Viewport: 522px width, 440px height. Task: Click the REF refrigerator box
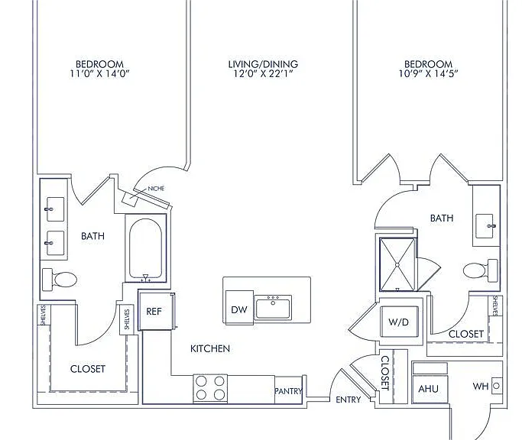coord(155,311)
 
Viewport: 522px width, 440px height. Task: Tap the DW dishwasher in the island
coord(239,307)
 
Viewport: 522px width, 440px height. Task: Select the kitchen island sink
coord(273,308)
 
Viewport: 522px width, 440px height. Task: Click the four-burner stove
coord(210,388)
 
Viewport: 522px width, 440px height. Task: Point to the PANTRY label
coord(288,391)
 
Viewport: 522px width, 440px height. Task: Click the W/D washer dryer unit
coord(399,322)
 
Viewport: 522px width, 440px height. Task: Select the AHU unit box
coord(429,389)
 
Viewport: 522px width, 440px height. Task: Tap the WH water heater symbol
coord(496,386)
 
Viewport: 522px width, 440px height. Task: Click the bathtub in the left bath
coord(145,248)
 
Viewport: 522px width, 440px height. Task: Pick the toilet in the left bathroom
coord(60,280)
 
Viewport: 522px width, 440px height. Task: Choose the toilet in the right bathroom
coord(481,270)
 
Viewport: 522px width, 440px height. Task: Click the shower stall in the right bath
coord(397,264)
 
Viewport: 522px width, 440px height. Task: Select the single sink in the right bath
coord(485,226)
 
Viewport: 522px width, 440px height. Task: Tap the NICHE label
coord(156,189)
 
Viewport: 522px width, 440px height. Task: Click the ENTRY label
coord(349,400)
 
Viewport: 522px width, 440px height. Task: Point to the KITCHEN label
coord(210,348)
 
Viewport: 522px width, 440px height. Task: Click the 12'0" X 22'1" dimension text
coord(263,73)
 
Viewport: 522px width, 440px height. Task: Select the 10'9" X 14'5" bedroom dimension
coord(429,73)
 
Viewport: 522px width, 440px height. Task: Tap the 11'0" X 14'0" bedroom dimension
coord(99,73)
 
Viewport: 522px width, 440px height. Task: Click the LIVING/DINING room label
coord(263,64)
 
